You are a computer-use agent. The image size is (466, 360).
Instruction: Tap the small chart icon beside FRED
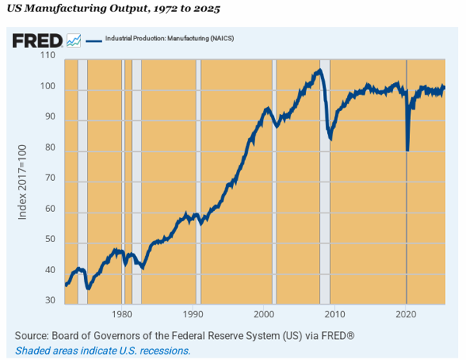[x=74, y=40]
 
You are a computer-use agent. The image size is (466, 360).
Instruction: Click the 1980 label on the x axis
[x=122, y=315]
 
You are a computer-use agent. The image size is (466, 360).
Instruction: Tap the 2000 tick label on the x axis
[x=265, y=315]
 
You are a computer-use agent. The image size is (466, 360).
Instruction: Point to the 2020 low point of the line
[x=408, y=150]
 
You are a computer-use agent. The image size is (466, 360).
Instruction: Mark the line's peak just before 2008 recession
[x=318, y=71]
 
